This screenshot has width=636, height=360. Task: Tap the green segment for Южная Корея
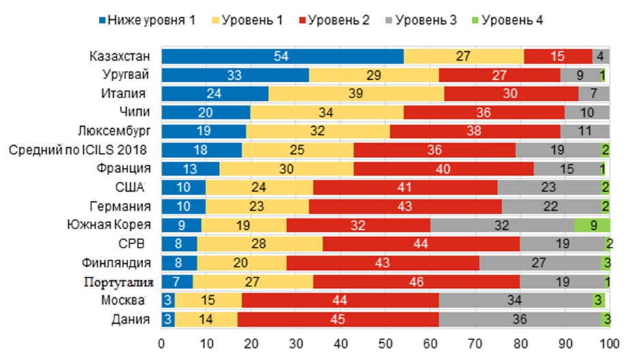[592, 225]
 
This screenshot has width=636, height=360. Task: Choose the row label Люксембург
[114, 131]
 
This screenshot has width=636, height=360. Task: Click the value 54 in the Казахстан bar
[282, 56]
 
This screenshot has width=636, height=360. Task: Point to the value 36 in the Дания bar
[519, 318]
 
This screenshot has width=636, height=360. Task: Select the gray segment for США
[549, 187]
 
